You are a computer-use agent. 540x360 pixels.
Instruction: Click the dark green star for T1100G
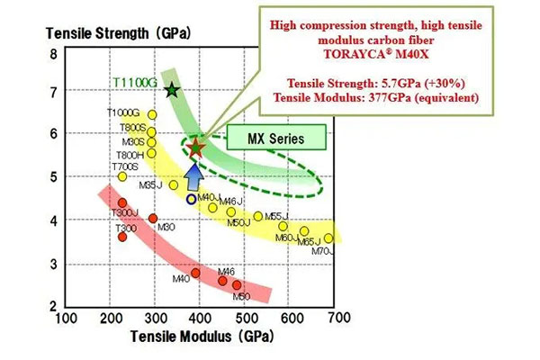tap(173, 90)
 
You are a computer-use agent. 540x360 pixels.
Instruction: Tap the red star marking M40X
tap(196, 147)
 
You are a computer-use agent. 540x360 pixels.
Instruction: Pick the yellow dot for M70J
tap(328, 238)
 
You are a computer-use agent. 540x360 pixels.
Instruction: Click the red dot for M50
tap(238, 284)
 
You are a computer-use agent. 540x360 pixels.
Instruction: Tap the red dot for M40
tap(195, 273)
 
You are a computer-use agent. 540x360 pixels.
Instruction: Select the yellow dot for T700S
tap(123, 176)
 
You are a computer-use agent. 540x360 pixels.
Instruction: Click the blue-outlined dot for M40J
tap(191, 199)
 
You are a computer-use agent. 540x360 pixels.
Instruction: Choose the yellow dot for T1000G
tap(152, 115)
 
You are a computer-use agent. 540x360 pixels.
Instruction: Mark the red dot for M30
tap(153, 219)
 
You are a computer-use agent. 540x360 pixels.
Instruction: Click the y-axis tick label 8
tap(53, 54)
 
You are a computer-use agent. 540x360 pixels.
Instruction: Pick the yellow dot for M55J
tap(258, 216)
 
